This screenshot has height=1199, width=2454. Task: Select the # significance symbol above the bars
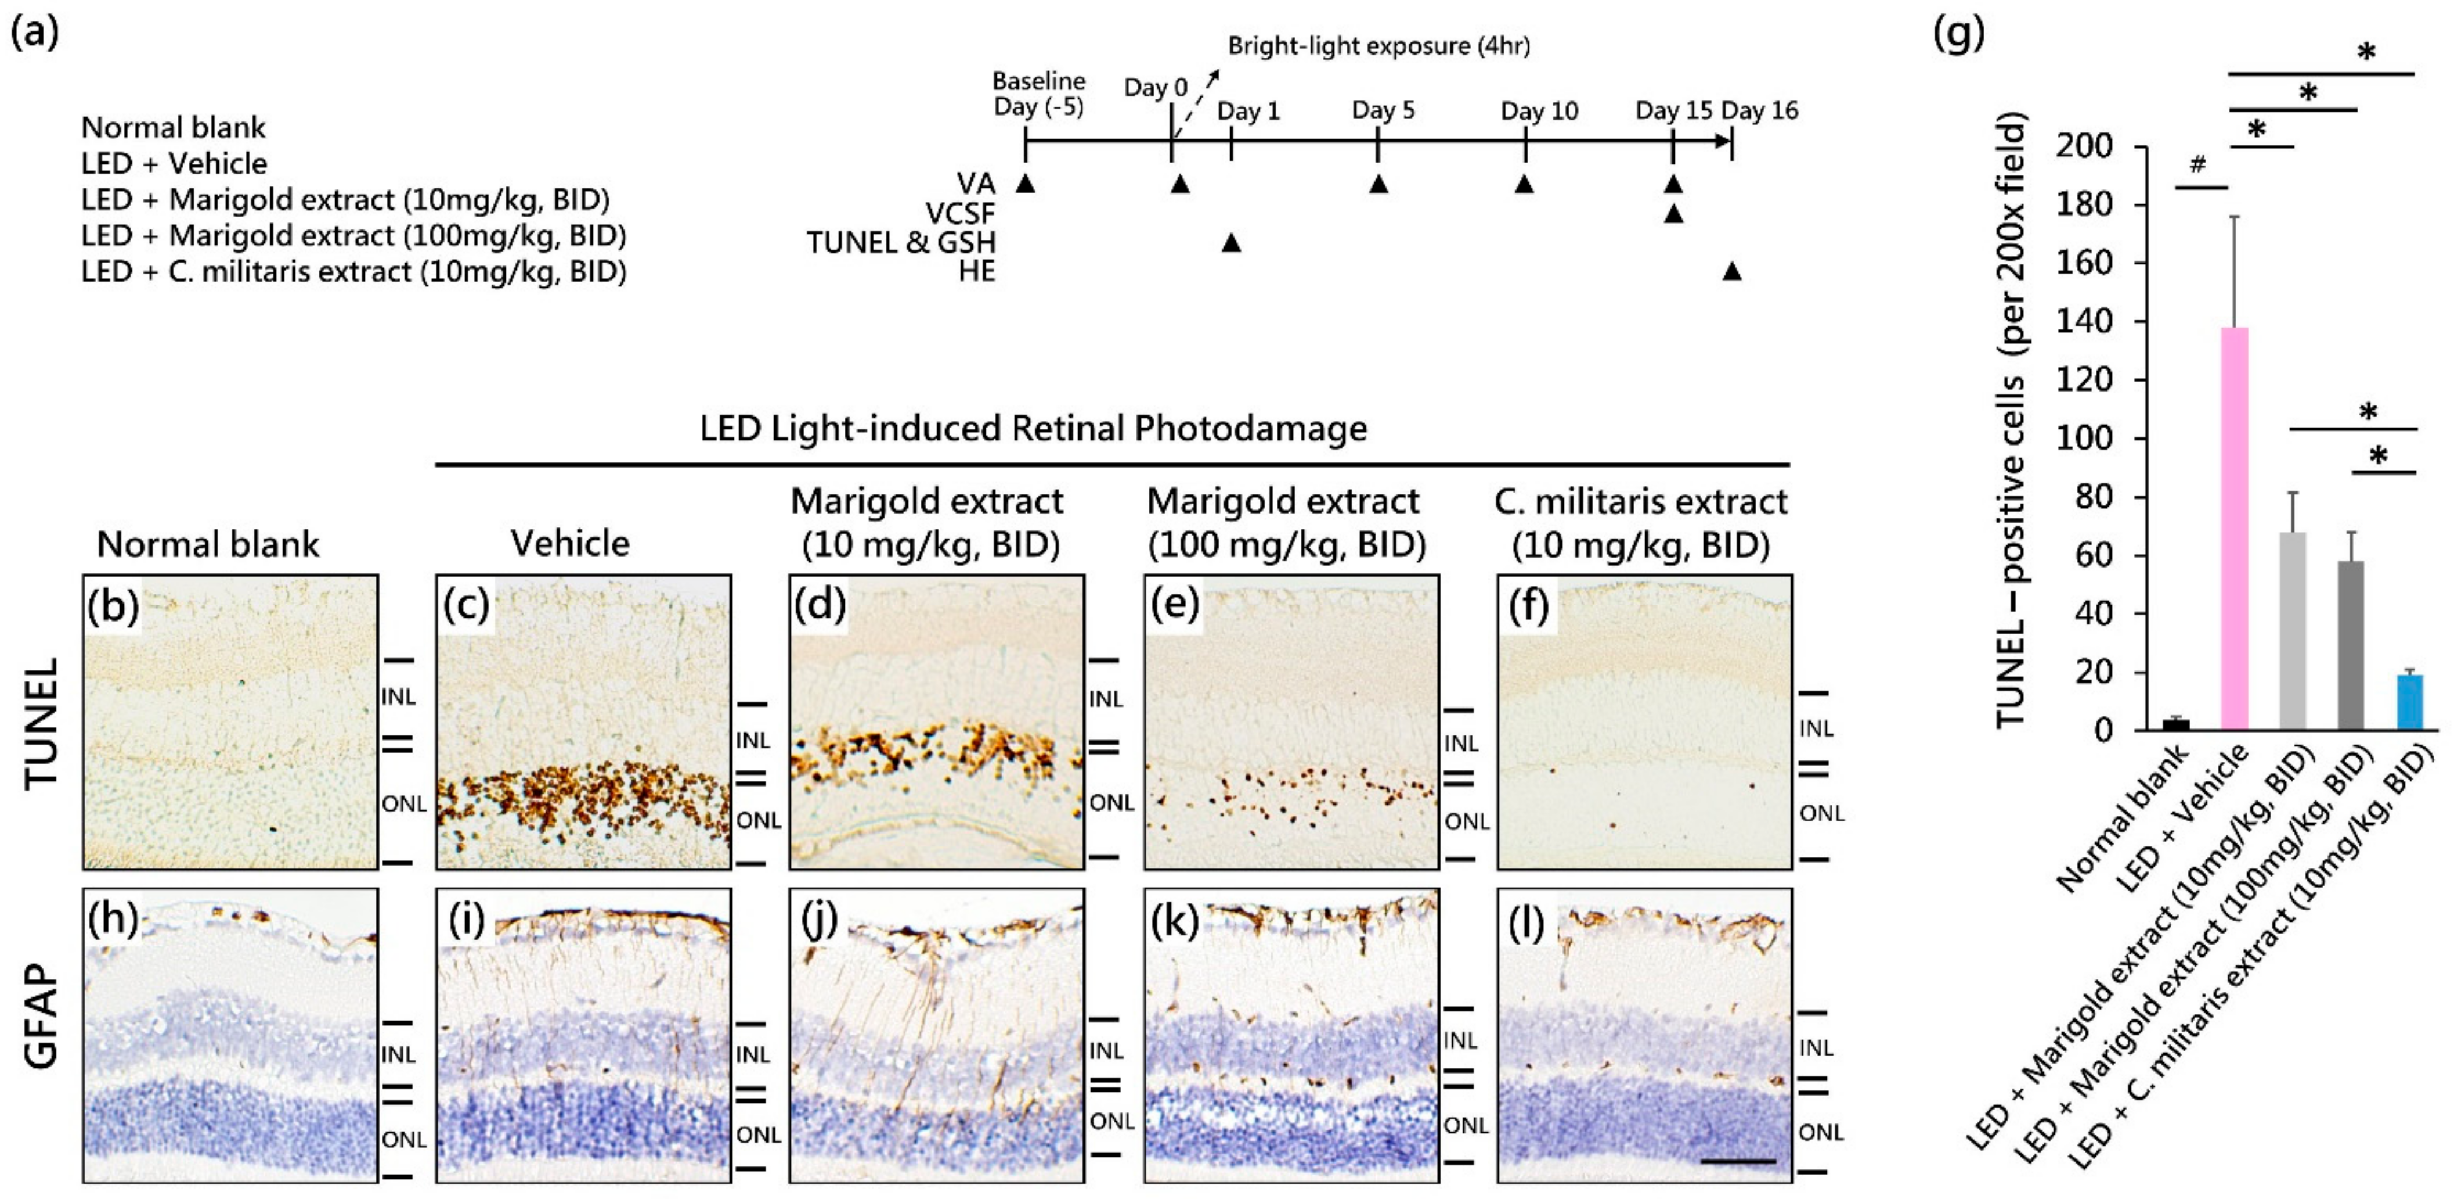[x=2197, y=165]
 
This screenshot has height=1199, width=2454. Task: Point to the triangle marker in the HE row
[x=1732, y=272]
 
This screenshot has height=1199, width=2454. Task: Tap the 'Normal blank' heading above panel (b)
[x=208, y=544]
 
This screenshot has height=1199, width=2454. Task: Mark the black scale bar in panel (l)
[x=1738, y=1161]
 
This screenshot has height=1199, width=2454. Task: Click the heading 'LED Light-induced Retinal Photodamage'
[x=1034, y=429]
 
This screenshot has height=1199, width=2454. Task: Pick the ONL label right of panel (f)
[x=1821, y=813]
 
